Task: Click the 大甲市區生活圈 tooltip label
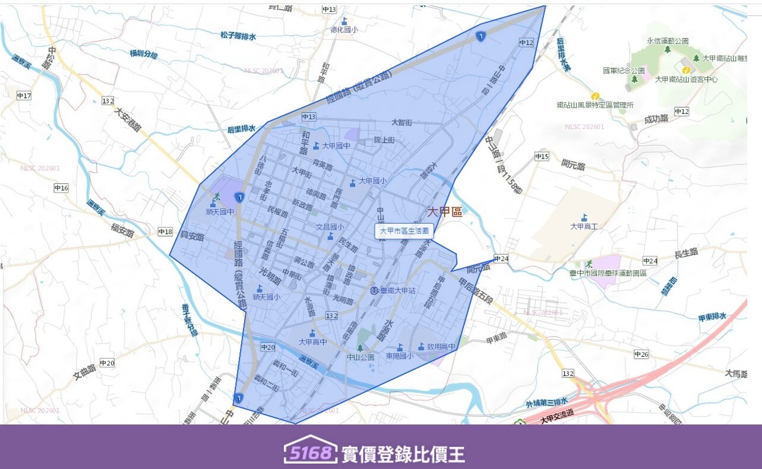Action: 404,231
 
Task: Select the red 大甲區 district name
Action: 444,212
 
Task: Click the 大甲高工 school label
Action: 584,226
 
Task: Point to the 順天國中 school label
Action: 220,211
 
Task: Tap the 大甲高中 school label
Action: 313,341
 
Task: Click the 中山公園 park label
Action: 361,357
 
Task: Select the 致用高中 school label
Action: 441,347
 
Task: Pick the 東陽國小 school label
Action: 399,356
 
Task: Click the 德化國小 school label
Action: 344,29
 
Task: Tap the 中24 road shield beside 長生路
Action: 650,261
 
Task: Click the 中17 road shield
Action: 24,96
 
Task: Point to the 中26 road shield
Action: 641,354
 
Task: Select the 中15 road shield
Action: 541,157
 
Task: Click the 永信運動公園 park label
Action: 668,41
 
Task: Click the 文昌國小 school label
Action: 330,227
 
